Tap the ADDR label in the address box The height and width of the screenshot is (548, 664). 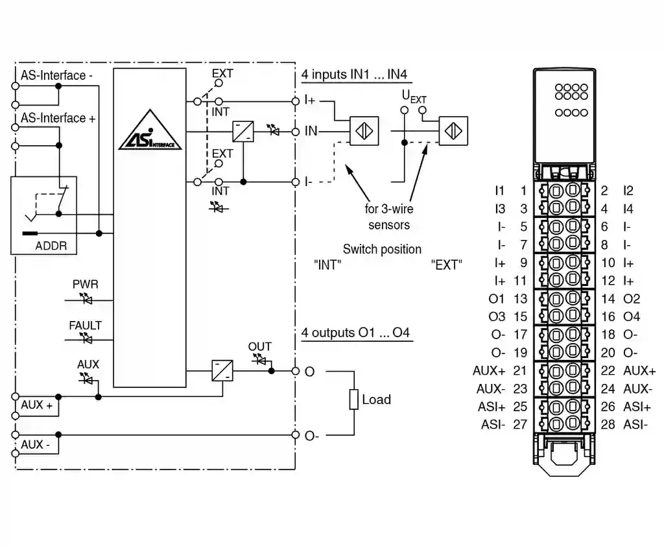pos(51,246)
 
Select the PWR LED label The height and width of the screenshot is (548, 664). pos(86,284)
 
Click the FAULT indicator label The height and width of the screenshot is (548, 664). pos(86,326)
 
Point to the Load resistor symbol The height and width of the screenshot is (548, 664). pos(354,399)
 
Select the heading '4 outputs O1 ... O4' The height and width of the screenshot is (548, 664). pos(356,333)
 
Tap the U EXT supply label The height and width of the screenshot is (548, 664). pos(414,97)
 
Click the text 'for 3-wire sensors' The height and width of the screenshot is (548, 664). pos(389,217)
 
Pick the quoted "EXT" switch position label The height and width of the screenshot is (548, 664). pos(446,265)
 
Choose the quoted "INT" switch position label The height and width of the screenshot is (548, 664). pos(327,265)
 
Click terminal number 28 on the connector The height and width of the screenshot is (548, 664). pos(608,425)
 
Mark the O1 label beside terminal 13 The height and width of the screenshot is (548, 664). pos(497,299)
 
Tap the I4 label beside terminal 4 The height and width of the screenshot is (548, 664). pos(628,209)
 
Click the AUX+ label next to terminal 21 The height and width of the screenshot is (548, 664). pos(490,371)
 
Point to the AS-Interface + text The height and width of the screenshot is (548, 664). pos(58,118)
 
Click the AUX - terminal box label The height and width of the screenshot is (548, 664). pos(36,445)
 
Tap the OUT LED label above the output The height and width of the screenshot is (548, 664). pos(260,347)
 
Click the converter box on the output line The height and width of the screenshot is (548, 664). pos(222,371)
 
